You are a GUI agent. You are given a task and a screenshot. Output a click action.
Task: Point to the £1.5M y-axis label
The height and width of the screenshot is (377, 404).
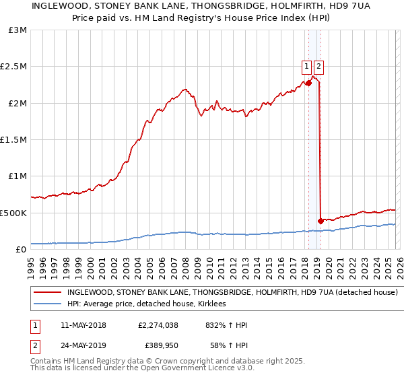coord(13,140)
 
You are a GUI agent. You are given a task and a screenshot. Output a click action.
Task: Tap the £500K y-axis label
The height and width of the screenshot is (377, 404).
coord(13,213)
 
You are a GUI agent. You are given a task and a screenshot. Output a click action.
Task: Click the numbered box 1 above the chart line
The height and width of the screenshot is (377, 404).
coord(306,66)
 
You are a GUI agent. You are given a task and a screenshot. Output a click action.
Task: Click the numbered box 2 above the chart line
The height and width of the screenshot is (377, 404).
coord(318,66)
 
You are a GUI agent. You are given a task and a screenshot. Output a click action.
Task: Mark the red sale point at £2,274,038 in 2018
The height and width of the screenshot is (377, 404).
coord(308,83)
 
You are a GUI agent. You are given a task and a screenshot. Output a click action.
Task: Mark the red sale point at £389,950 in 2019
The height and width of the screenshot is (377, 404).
coord(321,221)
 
